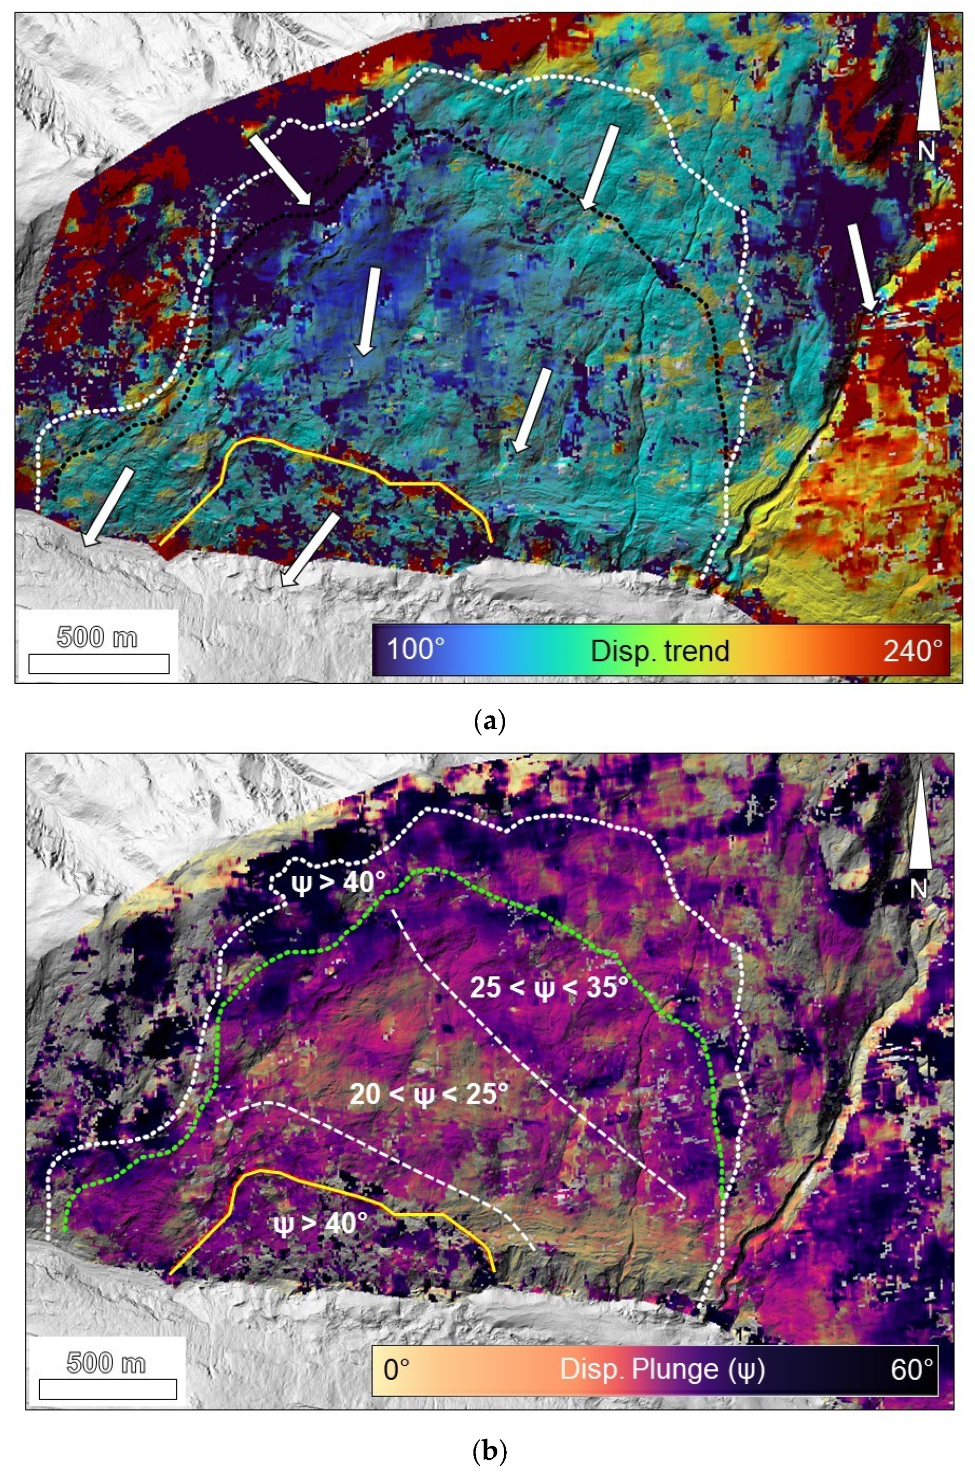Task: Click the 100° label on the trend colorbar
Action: pos(416,650)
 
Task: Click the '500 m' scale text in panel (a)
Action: pos(97,638)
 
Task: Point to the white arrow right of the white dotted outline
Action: pos(863,266)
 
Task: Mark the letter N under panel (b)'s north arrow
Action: pos(920,889)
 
